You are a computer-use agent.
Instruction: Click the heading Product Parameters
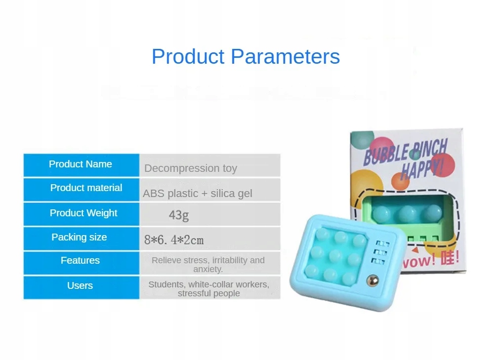click(x=246, y=57)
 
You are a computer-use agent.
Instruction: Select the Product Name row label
click(x=81, y=164)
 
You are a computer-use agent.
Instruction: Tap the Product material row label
click(x=86, y=188)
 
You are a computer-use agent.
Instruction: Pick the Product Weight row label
click(x=83, y=213)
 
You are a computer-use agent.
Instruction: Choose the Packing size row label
click(x=79, y=237)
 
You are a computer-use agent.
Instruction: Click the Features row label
click(x=80, y=260)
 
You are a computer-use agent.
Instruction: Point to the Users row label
click(x=80, y=285)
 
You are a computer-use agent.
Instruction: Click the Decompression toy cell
click(x=191, y=168)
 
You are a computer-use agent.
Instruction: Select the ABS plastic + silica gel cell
click(x=198, y=194)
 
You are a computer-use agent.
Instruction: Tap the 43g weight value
click(x=179, y=215)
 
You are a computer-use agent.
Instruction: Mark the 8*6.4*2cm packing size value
click(x=174, y=240)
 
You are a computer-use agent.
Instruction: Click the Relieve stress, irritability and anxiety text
click(x=208, y=265)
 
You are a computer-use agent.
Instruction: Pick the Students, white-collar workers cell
click(x=208, y=288)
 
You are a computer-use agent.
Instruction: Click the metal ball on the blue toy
click(x=373, y=280)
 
